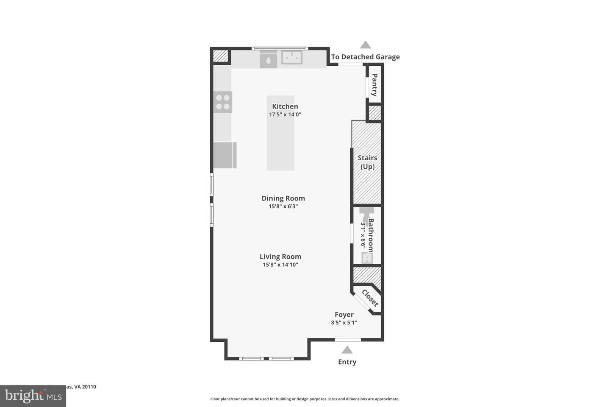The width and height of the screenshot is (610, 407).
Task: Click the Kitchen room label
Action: (x=285, y=106)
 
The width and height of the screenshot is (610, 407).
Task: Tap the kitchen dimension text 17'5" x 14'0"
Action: (x=285, y=114)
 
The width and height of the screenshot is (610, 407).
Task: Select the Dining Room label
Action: (x=283, y=198)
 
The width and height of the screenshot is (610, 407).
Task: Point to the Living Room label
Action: (x=280, y=256)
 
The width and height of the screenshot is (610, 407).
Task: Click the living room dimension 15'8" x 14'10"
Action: (x=280, y=265)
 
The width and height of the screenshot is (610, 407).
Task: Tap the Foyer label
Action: (x=344, y=315)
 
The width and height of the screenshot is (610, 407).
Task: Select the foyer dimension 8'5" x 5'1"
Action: (x=344, y=323)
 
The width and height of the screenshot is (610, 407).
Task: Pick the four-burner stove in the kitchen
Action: (x=223, y=102)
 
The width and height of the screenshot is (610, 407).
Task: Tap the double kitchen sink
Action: (x=292, y=57)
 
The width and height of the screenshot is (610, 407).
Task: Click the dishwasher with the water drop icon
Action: (x=268, y=60)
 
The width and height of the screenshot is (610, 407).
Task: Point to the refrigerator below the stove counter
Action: (x=224, y=155)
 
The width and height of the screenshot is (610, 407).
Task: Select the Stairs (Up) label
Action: (x=367, y=162)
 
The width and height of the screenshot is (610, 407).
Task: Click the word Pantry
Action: (x=374, y=85)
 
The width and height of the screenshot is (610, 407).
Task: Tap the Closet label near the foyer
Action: (x=369, y=298)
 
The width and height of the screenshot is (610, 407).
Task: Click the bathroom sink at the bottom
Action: (x=367, y=257)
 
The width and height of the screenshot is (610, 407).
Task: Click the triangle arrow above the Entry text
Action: (x=347, y=350)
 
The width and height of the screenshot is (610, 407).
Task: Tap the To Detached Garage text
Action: (x=365, y=57)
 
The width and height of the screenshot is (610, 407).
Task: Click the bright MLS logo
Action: (x=33, y=396)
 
